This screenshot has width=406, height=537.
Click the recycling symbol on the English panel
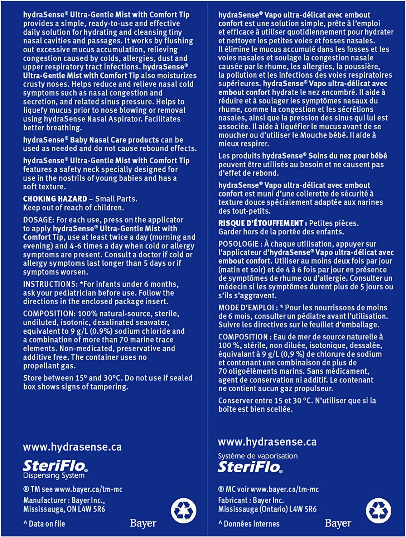point(184,511)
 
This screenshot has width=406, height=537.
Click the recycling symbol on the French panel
point(378,511)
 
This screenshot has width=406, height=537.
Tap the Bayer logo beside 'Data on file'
point(143,523)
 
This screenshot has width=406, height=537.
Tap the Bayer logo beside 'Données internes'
point(338,523)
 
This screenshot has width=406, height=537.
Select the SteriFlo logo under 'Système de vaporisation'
point(250,467)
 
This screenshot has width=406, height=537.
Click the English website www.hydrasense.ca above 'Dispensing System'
point(72,447)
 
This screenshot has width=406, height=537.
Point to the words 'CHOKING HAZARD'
point(55,199)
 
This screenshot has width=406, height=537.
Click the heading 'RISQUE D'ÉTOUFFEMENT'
point(261,223)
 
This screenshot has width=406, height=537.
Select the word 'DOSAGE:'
point(38,220)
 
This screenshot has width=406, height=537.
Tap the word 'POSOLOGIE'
point(238,244)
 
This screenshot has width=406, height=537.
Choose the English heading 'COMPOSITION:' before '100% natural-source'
point(49,314)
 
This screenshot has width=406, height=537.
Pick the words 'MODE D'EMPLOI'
point(246,308)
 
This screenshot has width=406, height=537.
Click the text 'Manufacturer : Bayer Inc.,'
point(64,500)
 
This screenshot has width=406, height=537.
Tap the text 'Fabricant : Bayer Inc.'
point(251,500)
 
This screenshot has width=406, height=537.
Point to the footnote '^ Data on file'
point(44,524)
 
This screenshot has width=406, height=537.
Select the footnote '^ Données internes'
point(249,524)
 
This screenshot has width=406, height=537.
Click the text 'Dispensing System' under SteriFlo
point(54,476)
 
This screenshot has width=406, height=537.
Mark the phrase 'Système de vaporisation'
point(258,456)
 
